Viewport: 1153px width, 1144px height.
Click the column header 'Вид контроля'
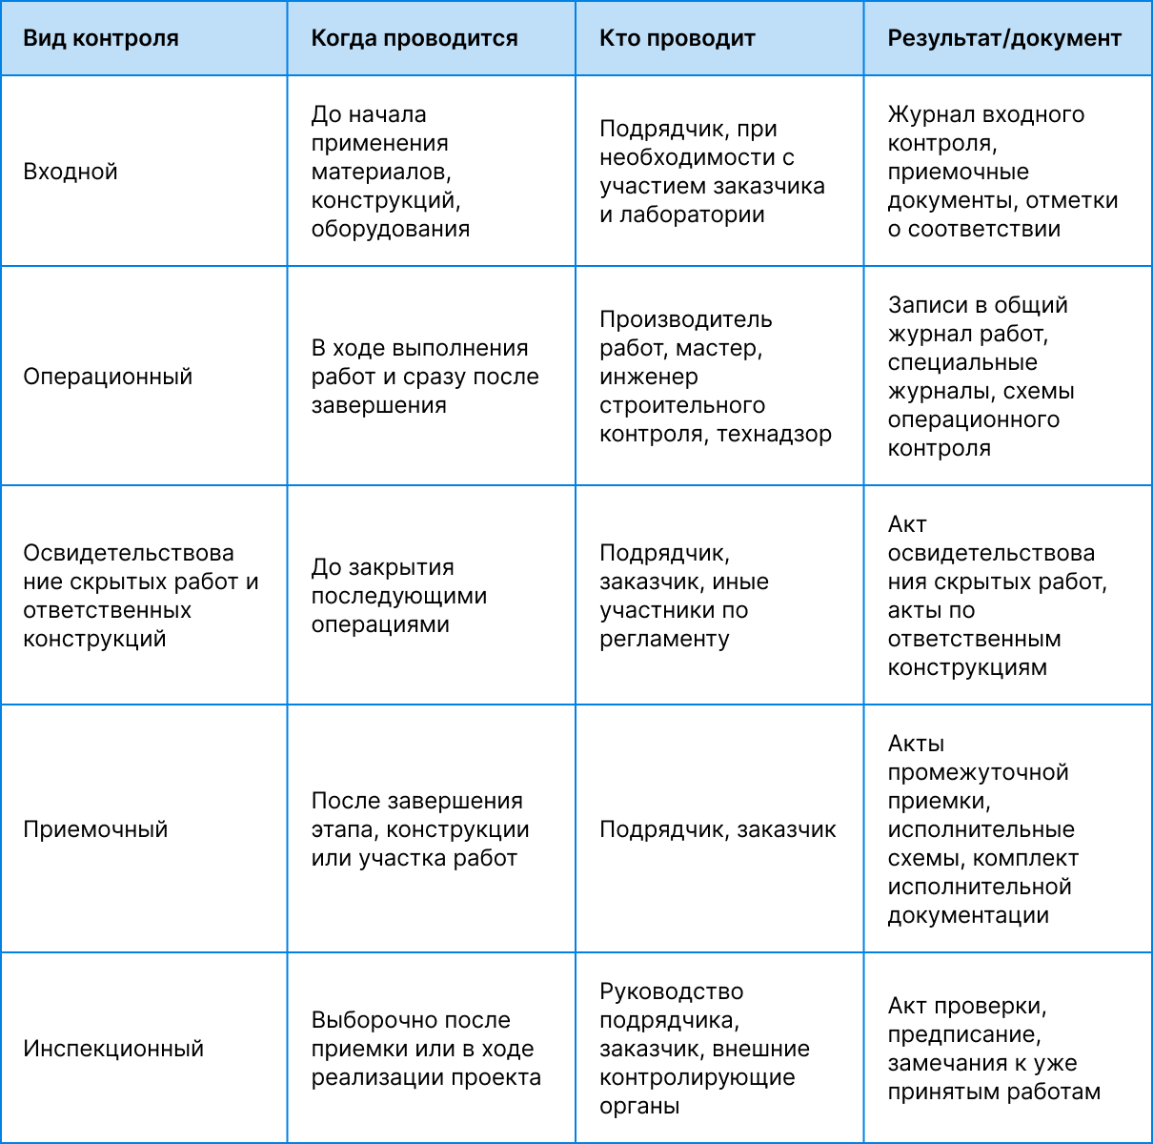[x=101, y=39]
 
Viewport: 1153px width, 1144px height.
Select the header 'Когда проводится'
[x=415, y=39]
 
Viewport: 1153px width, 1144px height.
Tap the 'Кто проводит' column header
[x=677, y=39]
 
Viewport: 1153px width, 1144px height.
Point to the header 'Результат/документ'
[x=1004, y=39]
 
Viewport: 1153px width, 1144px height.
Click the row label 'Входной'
[x=71, y=172]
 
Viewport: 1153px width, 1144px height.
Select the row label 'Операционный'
[x=108, y=377]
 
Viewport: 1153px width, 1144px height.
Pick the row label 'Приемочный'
[x=95, y=829]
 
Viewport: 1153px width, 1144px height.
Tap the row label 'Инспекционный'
[x=113, y=1049]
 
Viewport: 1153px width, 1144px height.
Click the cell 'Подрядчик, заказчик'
[x=718, y=829]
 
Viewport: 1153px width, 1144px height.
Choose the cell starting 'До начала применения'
[x=391, y=172]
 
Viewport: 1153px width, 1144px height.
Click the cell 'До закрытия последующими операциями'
[x=399, y=596]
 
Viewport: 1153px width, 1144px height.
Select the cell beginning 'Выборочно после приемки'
[x=426, y=1049]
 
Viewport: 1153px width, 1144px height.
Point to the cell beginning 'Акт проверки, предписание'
[x=994, y=1049]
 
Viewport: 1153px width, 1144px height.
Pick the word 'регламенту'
[x=664, y=639]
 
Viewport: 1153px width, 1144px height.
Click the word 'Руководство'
[x=671, y=991]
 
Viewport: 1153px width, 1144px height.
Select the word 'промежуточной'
[x=978, y=772]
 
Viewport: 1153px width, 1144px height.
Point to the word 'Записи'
[x=922, y=305]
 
